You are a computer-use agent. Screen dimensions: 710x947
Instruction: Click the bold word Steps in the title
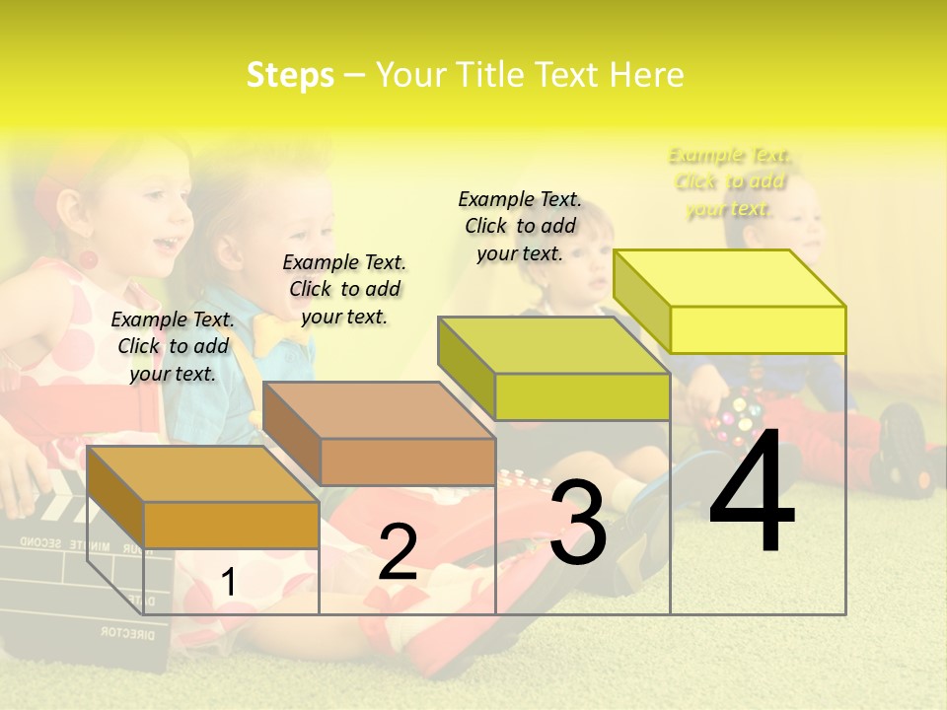pyautogui.click(x=290, y=75)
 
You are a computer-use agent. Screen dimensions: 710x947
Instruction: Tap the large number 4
pyautogui.click(x=752, y=493)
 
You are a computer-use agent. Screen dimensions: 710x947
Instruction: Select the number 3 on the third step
pyautogui.click(x=578, y=524)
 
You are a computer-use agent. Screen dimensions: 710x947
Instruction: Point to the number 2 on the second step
pyautogui.click(x=398, y=552)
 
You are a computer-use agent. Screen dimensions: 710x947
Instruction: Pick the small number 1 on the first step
pyautogui.click(x=228, y=583)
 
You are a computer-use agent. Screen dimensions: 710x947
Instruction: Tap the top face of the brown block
pyautogui.click(x=379, y=410)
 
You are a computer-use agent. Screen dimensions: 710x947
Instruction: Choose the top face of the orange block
pyautogui.click(x=203, y=474)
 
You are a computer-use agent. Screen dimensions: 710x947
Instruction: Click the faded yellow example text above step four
pyautogui.click(x=729, y=181)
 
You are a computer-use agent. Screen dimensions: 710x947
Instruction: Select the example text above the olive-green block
pyautogui.click(x=520, y=226)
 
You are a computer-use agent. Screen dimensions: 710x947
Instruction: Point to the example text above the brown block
pyautogui.click(x=344, y=289)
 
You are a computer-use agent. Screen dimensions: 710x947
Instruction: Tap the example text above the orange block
pyautogui.click(x=173, y=346)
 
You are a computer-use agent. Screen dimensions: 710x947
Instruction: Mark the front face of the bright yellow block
pyautogui.click(x=758, y=329)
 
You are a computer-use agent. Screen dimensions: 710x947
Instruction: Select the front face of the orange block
pyautogui.click(x=231, y=525)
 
